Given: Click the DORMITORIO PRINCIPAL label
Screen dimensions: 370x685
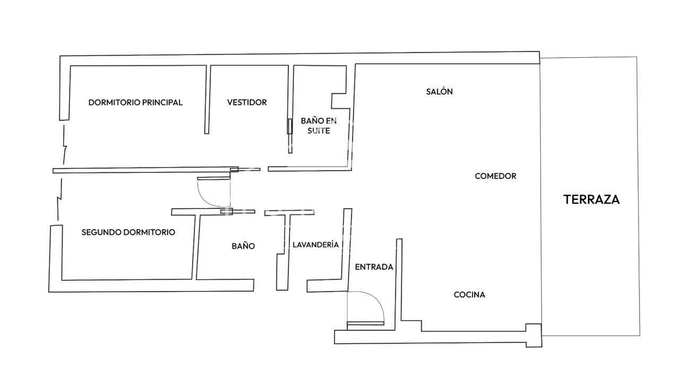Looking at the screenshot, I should (x=135, y=102).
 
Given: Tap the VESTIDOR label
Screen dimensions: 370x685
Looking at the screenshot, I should (x=247, y=102).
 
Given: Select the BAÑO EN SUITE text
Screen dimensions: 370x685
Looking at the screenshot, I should (x=319, y=126).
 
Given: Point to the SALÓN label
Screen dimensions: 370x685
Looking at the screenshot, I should (x=439, y=91).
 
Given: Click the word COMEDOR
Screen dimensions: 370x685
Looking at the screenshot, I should (x=495, y=176).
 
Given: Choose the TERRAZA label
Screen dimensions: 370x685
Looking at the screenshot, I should (x=592, y=200).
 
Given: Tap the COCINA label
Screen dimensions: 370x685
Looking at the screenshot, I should (x=469, y=295).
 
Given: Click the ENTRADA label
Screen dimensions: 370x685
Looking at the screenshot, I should (x=374, y=267).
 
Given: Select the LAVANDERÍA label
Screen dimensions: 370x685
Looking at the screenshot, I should (x=315, y=244).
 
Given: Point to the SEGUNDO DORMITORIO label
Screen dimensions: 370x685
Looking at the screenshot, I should (x=128, y=232).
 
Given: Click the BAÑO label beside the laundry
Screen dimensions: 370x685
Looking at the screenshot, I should (x=243, y=246).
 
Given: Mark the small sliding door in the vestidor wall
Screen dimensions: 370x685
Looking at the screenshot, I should (x=289, y=126).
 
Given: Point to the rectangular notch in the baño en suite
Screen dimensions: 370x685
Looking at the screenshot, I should (x=339, y=101).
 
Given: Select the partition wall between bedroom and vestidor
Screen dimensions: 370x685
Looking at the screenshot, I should (x=208, y=100).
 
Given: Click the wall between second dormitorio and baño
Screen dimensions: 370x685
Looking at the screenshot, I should (x=195, y=246).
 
